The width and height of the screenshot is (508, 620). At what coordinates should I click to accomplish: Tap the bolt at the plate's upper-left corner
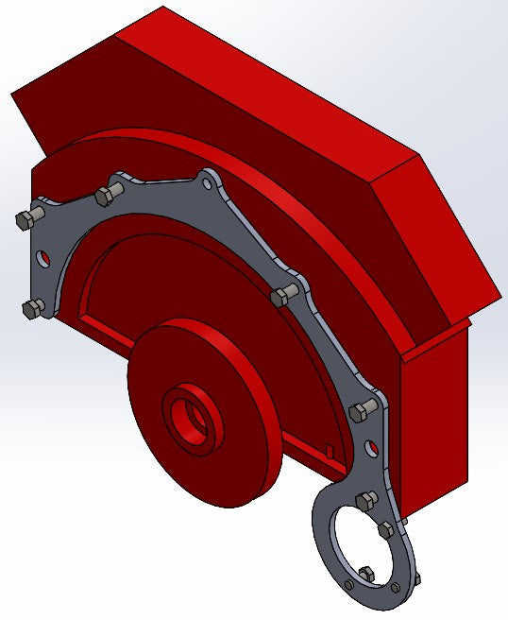coord(25,219)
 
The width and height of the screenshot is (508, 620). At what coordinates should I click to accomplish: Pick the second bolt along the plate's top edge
coord(106,195)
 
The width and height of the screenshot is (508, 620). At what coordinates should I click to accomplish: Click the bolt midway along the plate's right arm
coord(280,299)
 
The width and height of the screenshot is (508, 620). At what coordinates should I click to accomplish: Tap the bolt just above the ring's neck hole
coord(360,413)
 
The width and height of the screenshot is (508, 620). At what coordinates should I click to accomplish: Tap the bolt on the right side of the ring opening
coord(387,530)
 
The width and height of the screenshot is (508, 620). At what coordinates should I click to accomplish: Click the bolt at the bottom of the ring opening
coord(365,572)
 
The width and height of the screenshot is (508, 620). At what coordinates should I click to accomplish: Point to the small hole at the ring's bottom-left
coord(350,586)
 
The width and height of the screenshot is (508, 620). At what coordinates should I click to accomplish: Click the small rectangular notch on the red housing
coord(326,448)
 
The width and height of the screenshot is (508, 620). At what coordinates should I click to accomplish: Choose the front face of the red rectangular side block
coord(434,416)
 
